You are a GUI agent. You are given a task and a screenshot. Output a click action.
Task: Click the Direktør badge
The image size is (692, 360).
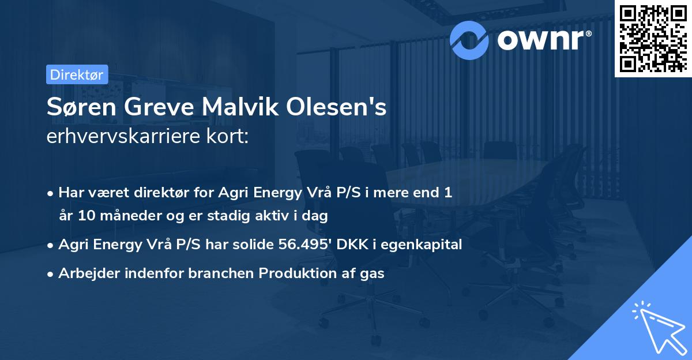click(x=76, y=74)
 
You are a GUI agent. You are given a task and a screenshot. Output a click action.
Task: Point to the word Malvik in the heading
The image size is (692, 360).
click(x=220, y=107)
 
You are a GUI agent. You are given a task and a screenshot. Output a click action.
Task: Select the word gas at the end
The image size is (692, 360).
click(x=373, y=273)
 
